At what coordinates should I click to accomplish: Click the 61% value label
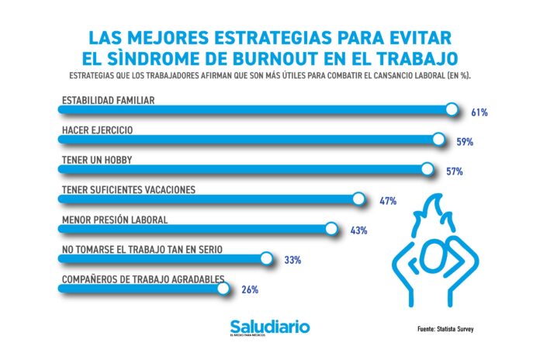click(479, 113)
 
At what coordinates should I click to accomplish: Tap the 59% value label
click(465, 143)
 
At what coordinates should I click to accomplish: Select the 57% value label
click(455, 171)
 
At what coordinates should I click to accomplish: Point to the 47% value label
click(388, 201)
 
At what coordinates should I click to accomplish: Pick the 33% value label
click(292, 260)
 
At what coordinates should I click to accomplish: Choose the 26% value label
click(249, 289)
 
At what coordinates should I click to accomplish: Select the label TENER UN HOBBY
click(92, 159)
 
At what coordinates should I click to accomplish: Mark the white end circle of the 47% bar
click(358, 199)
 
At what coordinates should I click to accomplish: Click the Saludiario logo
click(269, 327)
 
